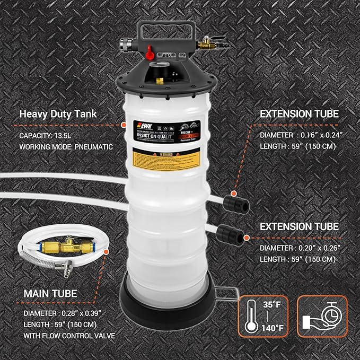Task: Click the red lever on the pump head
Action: tap(150, 51)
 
